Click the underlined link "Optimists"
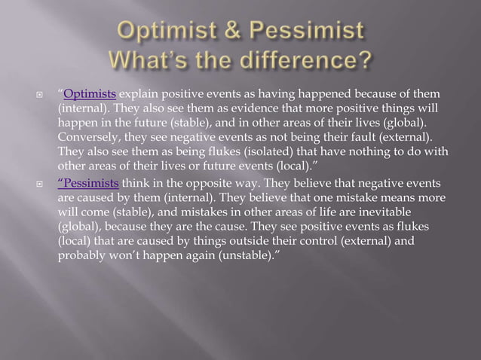tap(90, 94)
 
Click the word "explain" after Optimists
tap(138, 94)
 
